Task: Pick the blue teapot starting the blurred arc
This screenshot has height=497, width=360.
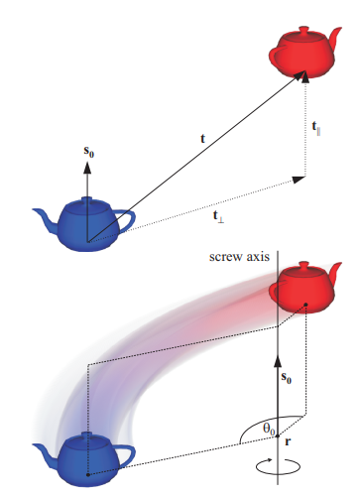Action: [x=87, y=457]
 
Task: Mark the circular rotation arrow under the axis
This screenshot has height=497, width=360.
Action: [x=278, y=462]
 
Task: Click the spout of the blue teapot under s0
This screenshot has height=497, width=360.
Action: [x=45, y=215]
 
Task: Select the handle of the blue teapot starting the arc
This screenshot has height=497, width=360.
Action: [x=125, y=455]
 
